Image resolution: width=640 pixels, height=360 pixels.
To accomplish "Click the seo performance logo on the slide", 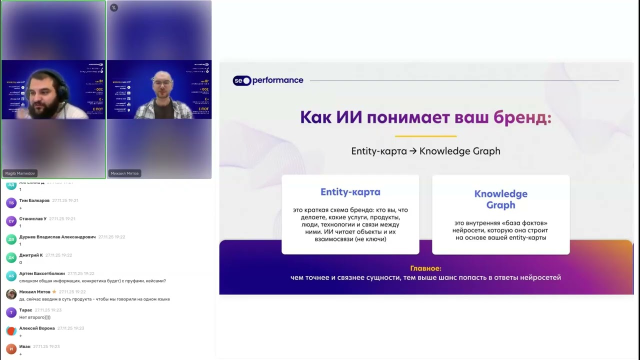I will (x=268, y=80).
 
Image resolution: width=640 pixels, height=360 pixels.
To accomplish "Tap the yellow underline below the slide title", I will (x=425, y=136).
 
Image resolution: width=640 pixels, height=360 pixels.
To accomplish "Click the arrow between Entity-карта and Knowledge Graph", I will (x=413, y=151).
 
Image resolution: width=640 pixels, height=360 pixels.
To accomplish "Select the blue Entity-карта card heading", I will (x=350, y=192).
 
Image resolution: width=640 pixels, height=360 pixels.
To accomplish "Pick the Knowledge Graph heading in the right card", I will (x=500, y=199).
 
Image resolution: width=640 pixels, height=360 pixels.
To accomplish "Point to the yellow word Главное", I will (x=425, y=268).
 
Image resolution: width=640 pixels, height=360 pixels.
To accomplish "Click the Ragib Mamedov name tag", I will (x=20, y=173).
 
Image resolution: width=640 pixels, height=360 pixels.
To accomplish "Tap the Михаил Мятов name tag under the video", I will (x=124, y=173).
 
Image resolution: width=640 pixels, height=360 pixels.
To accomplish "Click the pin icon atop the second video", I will (x=114, y=7).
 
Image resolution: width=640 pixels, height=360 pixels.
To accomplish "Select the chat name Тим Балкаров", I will (x=34, y=200).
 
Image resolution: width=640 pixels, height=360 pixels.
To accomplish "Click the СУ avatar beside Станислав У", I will (x=11, y=221).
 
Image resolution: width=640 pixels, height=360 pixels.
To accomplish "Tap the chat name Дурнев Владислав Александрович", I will (x=57, y=237).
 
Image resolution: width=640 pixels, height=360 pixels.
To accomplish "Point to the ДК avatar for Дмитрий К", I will (x=11, y=258).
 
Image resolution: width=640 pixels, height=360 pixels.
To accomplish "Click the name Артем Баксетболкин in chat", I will (x=42, y=273).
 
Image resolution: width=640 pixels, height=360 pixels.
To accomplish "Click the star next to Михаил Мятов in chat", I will (x=54, y=292).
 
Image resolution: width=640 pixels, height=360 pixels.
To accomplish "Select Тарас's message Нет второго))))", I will (x=34, y=317).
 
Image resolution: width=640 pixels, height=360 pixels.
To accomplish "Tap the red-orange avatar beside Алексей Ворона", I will (x=11, y=331).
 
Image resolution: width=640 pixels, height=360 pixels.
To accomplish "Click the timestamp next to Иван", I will (x=46, y=346).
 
